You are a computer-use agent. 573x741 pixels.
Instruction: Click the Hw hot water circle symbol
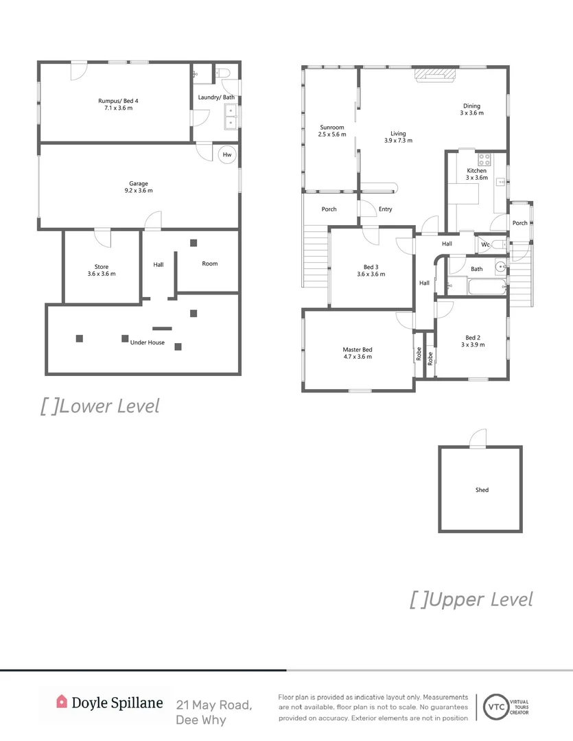coord(227,155)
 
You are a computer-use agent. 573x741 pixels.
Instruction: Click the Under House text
coord(147,342)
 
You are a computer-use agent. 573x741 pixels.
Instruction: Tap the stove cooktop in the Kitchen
coord(484,159)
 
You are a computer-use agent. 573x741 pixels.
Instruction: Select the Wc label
coord(484,244)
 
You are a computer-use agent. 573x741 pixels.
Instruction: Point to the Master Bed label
coord(357,350)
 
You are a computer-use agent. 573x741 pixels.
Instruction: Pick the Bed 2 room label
coord(472,337)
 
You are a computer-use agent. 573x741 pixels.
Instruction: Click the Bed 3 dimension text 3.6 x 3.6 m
coord(371,274)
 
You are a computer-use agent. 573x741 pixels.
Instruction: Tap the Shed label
coord(482,490)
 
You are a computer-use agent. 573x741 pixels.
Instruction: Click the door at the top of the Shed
coord(478,438)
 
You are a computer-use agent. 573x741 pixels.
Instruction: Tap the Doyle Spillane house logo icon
coord(62,701)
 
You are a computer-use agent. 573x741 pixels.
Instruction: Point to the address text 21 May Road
coord(214,705)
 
